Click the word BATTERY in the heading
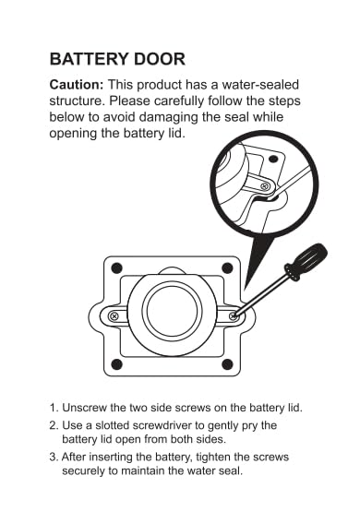[88, 59]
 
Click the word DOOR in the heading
[159, 59]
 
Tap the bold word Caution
[77, 85]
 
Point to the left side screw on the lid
[114, 315]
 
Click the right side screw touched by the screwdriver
[234, 315]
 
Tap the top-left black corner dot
[116, 267]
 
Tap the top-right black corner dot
[227, 267]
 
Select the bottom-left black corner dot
[116, 364]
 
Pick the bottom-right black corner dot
[227, 364]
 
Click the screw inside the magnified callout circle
[266, 186]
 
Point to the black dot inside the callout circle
[273, 159]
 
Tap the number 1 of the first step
[53, 408]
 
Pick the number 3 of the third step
[53, 457]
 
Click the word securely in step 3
[83, 471]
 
